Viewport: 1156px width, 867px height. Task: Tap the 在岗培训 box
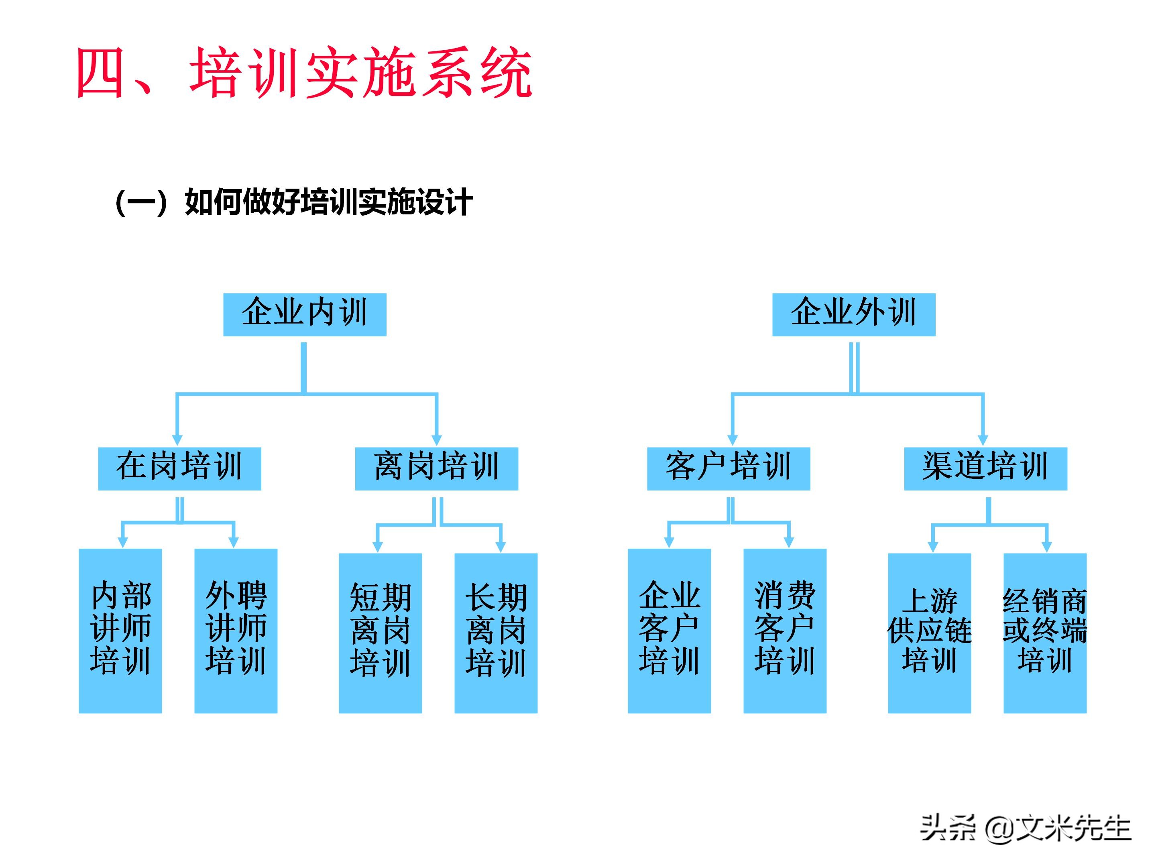tap(179, 468)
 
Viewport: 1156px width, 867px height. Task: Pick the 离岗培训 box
tap(436, 468)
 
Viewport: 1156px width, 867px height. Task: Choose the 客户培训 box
tap(729, 468)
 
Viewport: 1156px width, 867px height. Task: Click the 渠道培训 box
tap(985, 468)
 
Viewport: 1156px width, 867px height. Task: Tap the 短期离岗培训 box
tap(380, 633)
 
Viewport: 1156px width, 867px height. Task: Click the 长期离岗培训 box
tap(495, 633)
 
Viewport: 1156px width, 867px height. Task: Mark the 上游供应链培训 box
tap(929, 633)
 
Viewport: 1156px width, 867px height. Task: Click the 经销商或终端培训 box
tap(1045, 633)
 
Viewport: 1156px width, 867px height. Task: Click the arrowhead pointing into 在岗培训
tap(177, 440)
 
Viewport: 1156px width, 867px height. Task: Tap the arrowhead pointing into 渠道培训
tap(983, 440)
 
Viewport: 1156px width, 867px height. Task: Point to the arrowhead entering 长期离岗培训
tap(501, 546)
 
